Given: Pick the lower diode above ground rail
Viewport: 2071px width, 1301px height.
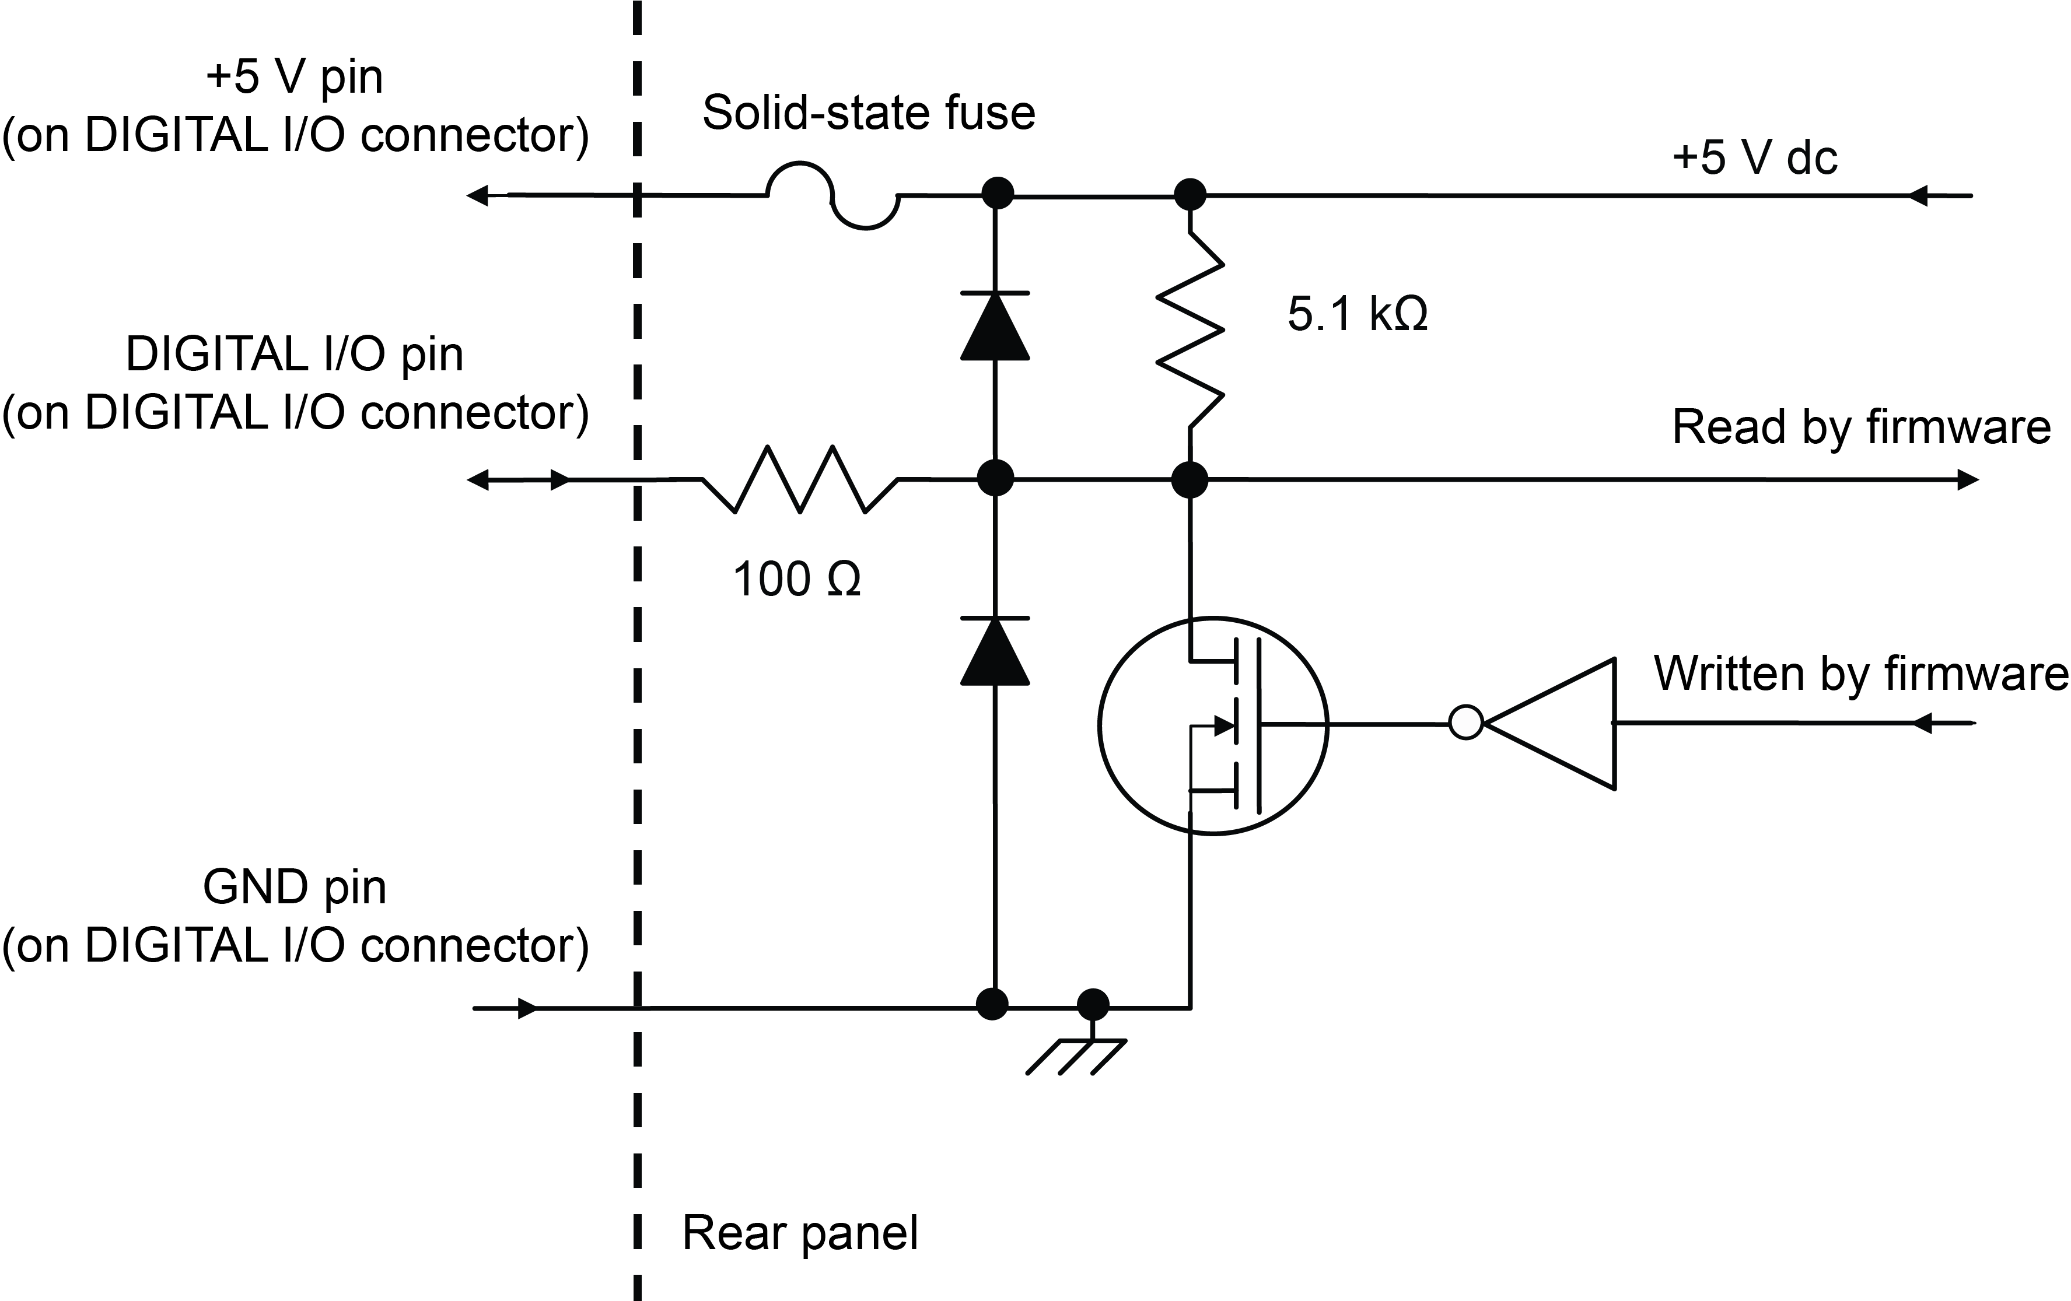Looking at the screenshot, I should tap(995, 651).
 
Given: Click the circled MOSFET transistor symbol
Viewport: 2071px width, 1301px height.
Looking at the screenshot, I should tap(1213, 725).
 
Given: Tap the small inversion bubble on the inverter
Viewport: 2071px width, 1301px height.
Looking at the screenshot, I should tap(1465, 723).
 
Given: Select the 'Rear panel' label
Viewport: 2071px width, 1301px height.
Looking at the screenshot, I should tap(800, 1232).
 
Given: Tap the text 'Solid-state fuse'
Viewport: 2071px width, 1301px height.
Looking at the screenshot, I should tap(869, 113).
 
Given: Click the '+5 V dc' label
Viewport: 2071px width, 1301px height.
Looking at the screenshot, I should tap(1754, 157).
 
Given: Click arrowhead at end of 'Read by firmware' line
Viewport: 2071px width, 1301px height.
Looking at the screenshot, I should tap(1968, 480).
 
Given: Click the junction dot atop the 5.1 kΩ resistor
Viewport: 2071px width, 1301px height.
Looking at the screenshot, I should tap(1190, 194).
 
